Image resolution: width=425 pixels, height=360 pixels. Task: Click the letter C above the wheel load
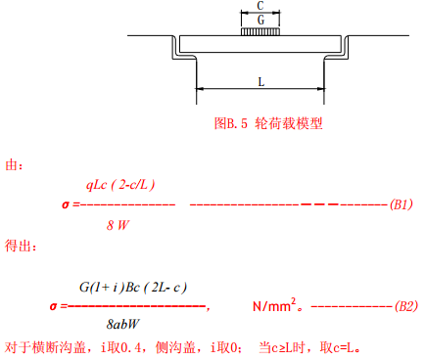[x=260, y=6]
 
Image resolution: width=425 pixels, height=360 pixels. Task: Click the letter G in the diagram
[x=260, y=19]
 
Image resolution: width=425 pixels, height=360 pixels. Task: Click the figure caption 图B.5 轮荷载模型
[x=267, y=124]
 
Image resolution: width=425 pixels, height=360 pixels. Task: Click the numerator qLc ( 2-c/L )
[x=121, y=184]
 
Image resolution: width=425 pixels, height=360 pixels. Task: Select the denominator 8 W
[x=118, y=225]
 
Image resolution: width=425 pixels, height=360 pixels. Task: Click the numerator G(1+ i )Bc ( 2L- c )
[x=133, y=287]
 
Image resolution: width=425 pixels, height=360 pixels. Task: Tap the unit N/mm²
[x=274, y=306]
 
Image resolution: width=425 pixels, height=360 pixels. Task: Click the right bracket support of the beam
[x=339, y=49]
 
